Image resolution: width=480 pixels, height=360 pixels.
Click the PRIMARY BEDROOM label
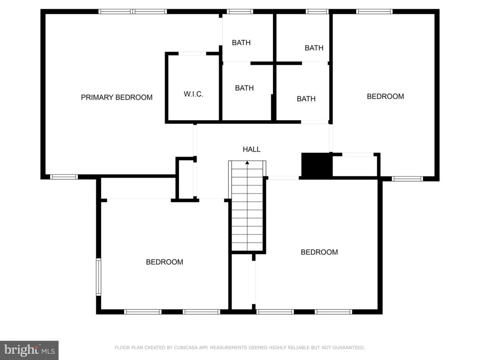[x=117, y=97]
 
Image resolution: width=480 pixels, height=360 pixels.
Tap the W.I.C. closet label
[x=193, y=94]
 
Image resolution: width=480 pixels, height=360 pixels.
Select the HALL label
[x=251, y=149]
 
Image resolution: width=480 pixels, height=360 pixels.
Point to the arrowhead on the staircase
[x=247, y=162]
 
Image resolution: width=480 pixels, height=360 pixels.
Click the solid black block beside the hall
[x=317, y=165]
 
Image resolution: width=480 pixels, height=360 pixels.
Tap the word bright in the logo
[x=22, y=349]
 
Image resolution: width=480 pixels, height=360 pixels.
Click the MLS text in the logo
[x=49, y=351]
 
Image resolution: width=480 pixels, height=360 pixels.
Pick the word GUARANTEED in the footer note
[x=349, y=347]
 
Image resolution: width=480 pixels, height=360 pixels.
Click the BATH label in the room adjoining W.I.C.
[x=244, y=88]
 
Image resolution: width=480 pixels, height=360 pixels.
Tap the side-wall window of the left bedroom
[x=99, y=277]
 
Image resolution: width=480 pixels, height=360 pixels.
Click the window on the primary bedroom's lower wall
[x=64, y=177]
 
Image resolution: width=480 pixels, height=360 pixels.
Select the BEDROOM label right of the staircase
[x=319, y=252]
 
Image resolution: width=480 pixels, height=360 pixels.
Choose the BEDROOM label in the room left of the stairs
[x=164, y=262]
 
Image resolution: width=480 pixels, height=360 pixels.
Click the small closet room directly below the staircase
[x=243, y=282]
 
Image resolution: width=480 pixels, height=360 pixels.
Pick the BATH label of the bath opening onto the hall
[x=306, y=99]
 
